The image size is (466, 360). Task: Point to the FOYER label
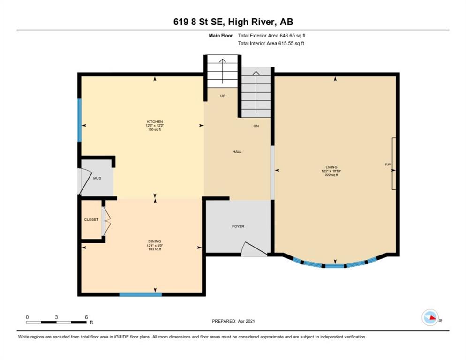(238, 226)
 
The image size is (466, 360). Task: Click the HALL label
(237, 151)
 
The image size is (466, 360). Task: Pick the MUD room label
(97, 178)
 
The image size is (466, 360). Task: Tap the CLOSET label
(91, 220)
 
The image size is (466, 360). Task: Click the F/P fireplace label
(388, 165)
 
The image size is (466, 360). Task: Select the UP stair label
(223, 96)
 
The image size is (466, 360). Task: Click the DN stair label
(256, 126)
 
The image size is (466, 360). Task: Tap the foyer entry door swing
(254, 249)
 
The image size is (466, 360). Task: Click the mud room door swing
(85, 181)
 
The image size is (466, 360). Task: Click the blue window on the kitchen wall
(79, 120)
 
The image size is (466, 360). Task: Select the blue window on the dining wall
(141, 294)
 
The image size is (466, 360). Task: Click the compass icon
(430, 317)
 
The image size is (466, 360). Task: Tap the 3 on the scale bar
(56, 317)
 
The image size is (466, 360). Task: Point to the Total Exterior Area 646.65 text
(271, 36)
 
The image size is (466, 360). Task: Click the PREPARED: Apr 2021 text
(233, 321)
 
